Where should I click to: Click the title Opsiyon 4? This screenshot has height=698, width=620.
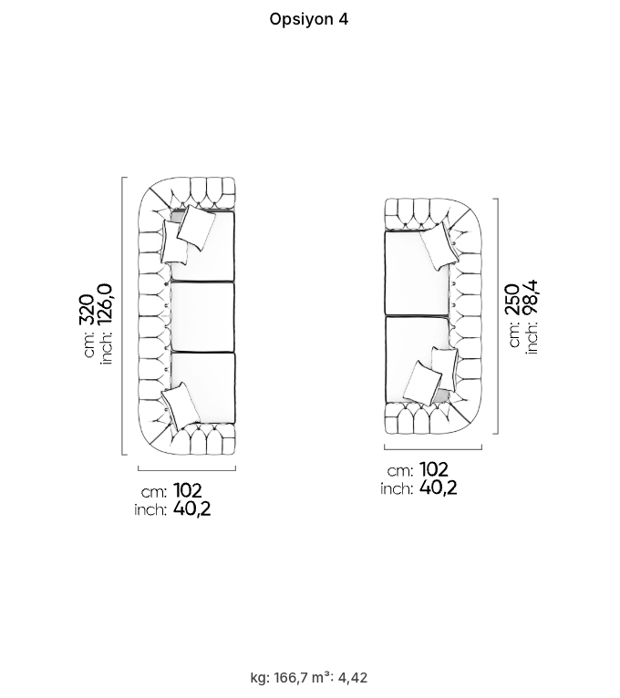[309, 19]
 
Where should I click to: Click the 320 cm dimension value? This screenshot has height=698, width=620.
[87, 310]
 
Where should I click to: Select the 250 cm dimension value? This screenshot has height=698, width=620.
[512, 299]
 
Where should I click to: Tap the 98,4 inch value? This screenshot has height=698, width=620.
[531, 297]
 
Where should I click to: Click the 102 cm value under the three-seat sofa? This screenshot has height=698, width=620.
[187, 490]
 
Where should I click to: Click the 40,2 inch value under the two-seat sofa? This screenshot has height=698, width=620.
[439, 488]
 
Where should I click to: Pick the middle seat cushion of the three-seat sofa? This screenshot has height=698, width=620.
[202, 317]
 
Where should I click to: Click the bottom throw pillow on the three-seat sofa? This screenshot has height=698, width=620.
[181, 405]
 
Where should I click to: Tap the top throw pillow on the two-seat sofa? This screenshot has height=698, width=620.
[439, 246]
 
